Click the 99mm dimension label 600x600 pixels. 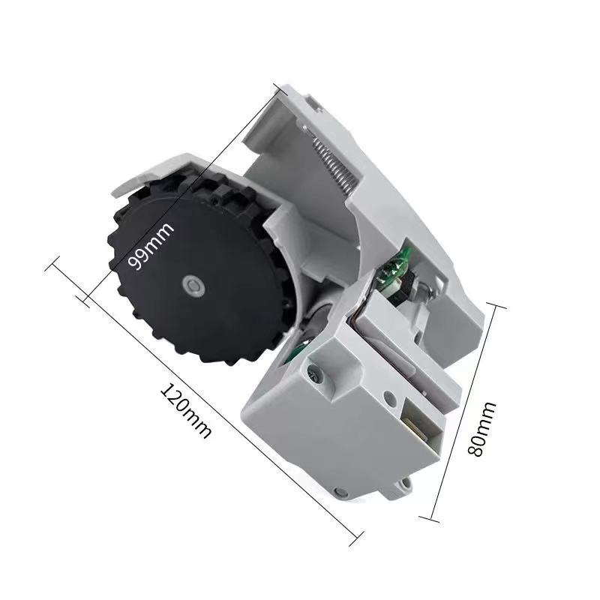pyautogui.click(x=150, y=248)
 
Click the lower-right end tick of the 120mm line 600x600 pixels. pyautogui.click(x=357, y=535)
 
